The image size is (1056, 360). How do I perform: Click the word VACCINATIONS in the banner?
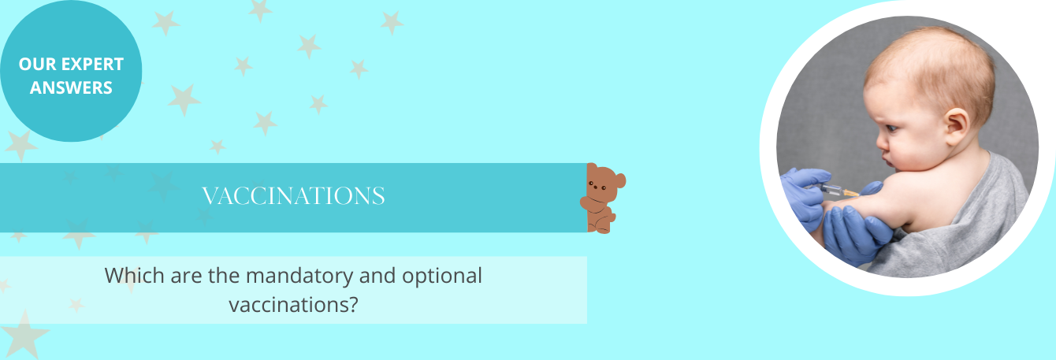pyautogui.click(x=293, y=196)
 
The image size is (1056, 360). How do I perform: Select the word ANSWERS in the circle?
pyautogui.click(x=71, y=87)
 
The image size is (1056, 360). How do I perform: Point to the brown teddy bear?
pyautogui.click(x=602, y=199)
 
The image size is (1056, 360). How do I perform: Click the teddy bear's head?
pyautogui.click(x=604, y=183)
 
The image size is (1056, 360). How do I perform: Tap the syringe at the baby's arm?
pyautogui.click(x=838, y=190)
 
